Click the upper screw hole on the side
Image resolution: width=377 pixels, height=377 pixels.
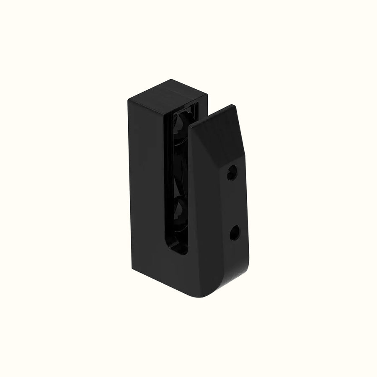[x=232, y=172]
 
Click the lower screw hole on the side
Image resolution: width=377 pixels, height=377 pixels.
[x=235, y=232]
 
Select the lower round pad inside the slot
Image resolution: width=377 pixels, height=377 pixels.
[x=180, y=207]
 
